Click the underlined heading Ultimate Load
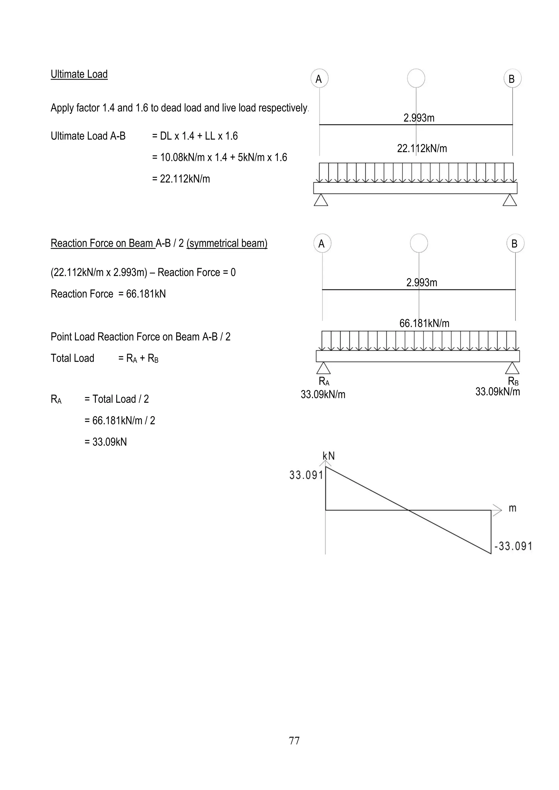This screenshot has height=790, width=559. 79,74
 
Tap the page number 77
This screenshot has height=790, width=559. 294,740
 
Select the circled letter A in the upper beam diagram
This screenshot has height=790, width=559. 319,79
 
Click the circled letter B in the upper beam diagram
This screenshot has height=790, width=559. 512,79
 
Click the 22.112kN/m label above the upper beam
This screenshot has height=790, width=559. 422,149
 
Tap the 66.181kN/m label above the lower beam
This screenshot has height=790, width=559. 424,324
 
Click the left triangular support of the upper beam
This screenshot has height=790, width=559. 321,200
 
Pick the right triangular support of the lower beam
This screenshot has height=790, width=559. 512,368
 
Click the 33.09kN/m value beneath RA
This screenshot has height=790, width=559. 323,394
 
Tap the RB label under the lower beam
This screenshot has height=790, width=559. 513,381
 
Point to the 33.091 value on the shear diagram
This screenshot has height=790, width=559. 306,475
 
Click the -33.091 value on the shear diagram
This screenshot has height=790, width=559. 513,546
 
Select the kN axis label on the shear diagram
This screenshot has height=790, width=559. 328,456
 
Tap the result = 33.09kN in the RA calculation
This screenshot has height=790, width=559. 106,442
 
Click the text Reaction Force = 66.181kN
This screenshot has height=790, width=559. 108,294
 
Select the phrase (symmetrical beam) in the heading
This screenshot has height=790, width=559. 227,243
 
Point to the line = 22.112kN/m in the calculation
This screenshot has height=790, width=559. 181,179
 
